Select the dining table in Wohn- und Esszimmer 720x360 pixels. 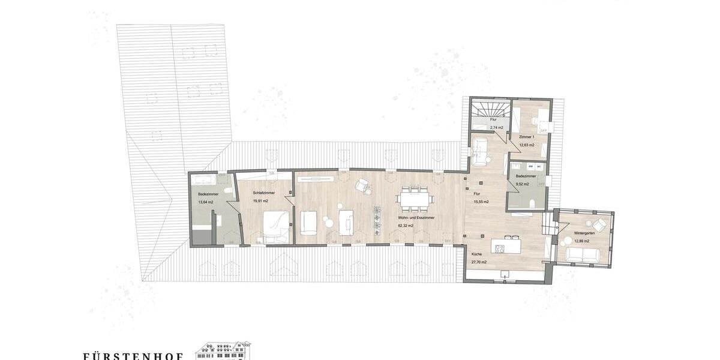(x=415, y=199)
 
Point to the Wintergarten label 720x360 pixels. (x=583, y=233)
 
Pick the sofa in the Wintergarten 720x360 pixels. (x=583, y=255)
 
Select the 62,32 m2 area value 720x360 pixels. (x=408, y=226)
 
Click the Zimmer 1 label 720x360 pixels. (x=527, y=137)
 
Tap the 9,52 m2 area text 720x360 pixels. (x=521, y=184)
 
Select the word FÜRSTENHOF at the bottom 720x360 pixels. (x=133, y=355)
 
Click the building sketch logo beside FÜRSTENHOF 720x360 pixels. (x=224, y=351)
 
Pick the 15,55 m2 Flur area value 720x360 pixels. (x=480, y=202)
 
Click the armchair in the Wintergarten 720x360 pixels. (x=599, y=224)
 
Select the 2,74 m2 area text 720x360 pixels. (x=496, y=128)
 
